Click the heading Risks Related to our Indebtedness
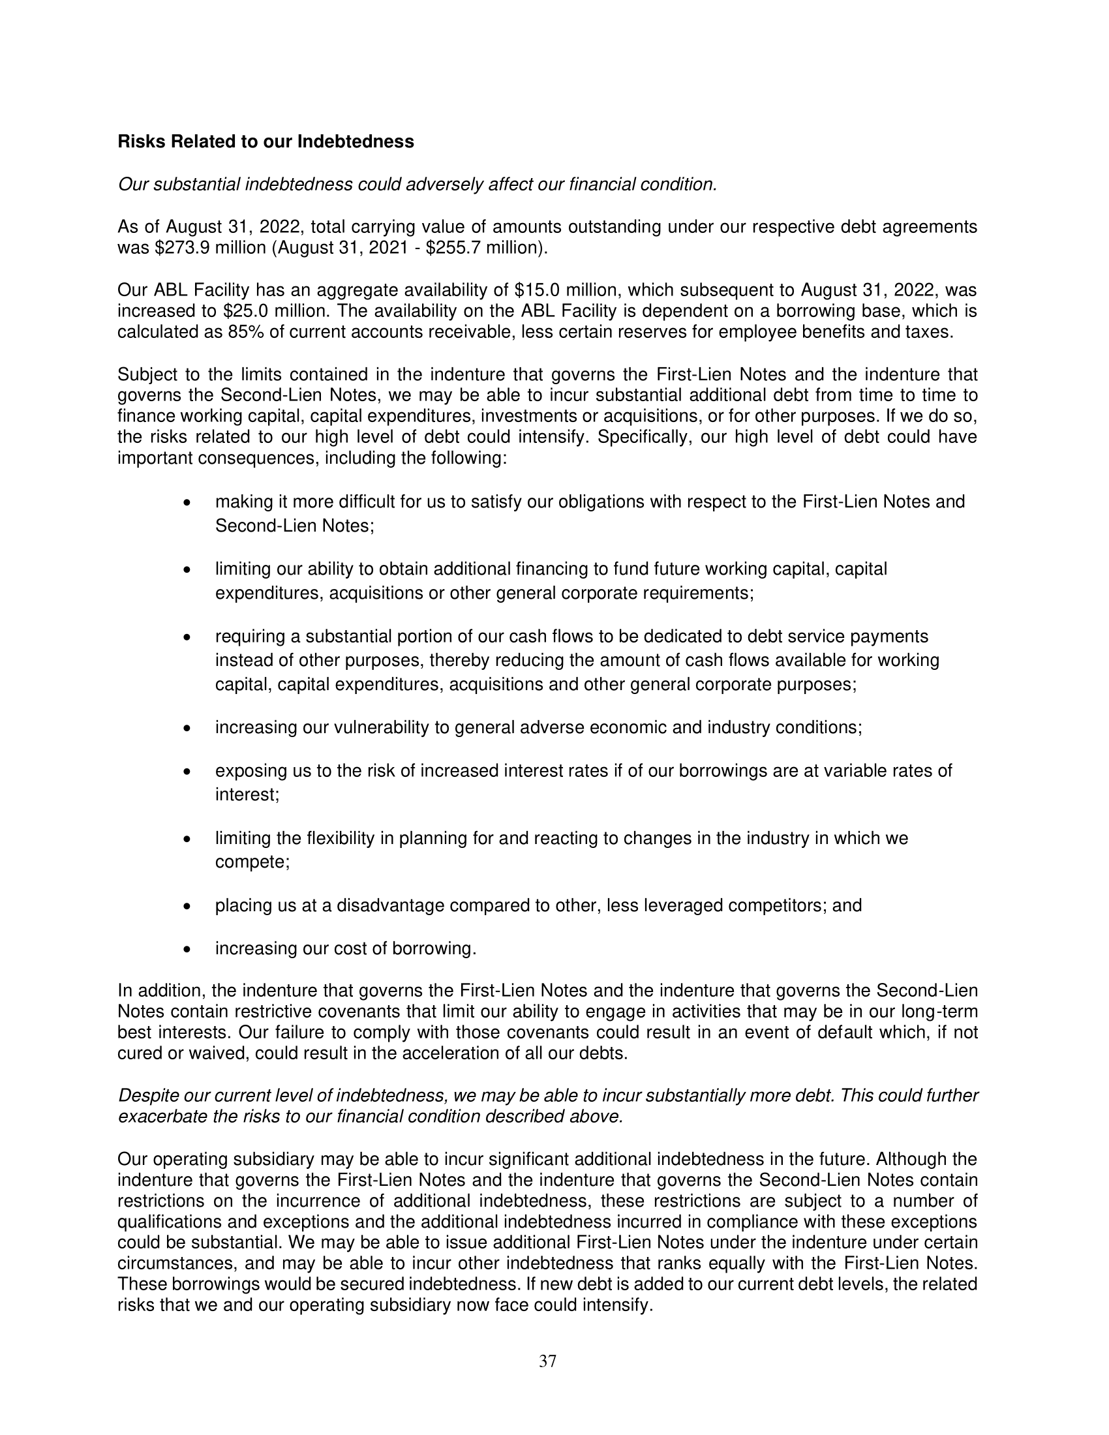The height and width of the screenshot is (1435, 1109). (x=266, y=142)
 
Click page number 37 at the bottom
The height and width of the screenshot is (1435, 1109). (x=547, y=1361)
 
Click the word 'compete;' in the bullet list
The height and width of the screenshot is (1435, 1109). (x=252, y=862)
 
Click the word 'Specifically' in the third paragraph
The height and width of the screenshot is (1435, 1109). (x=641, y=437)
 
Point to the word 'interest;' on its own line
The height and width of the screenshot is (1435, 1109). (x=247, y=795)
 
